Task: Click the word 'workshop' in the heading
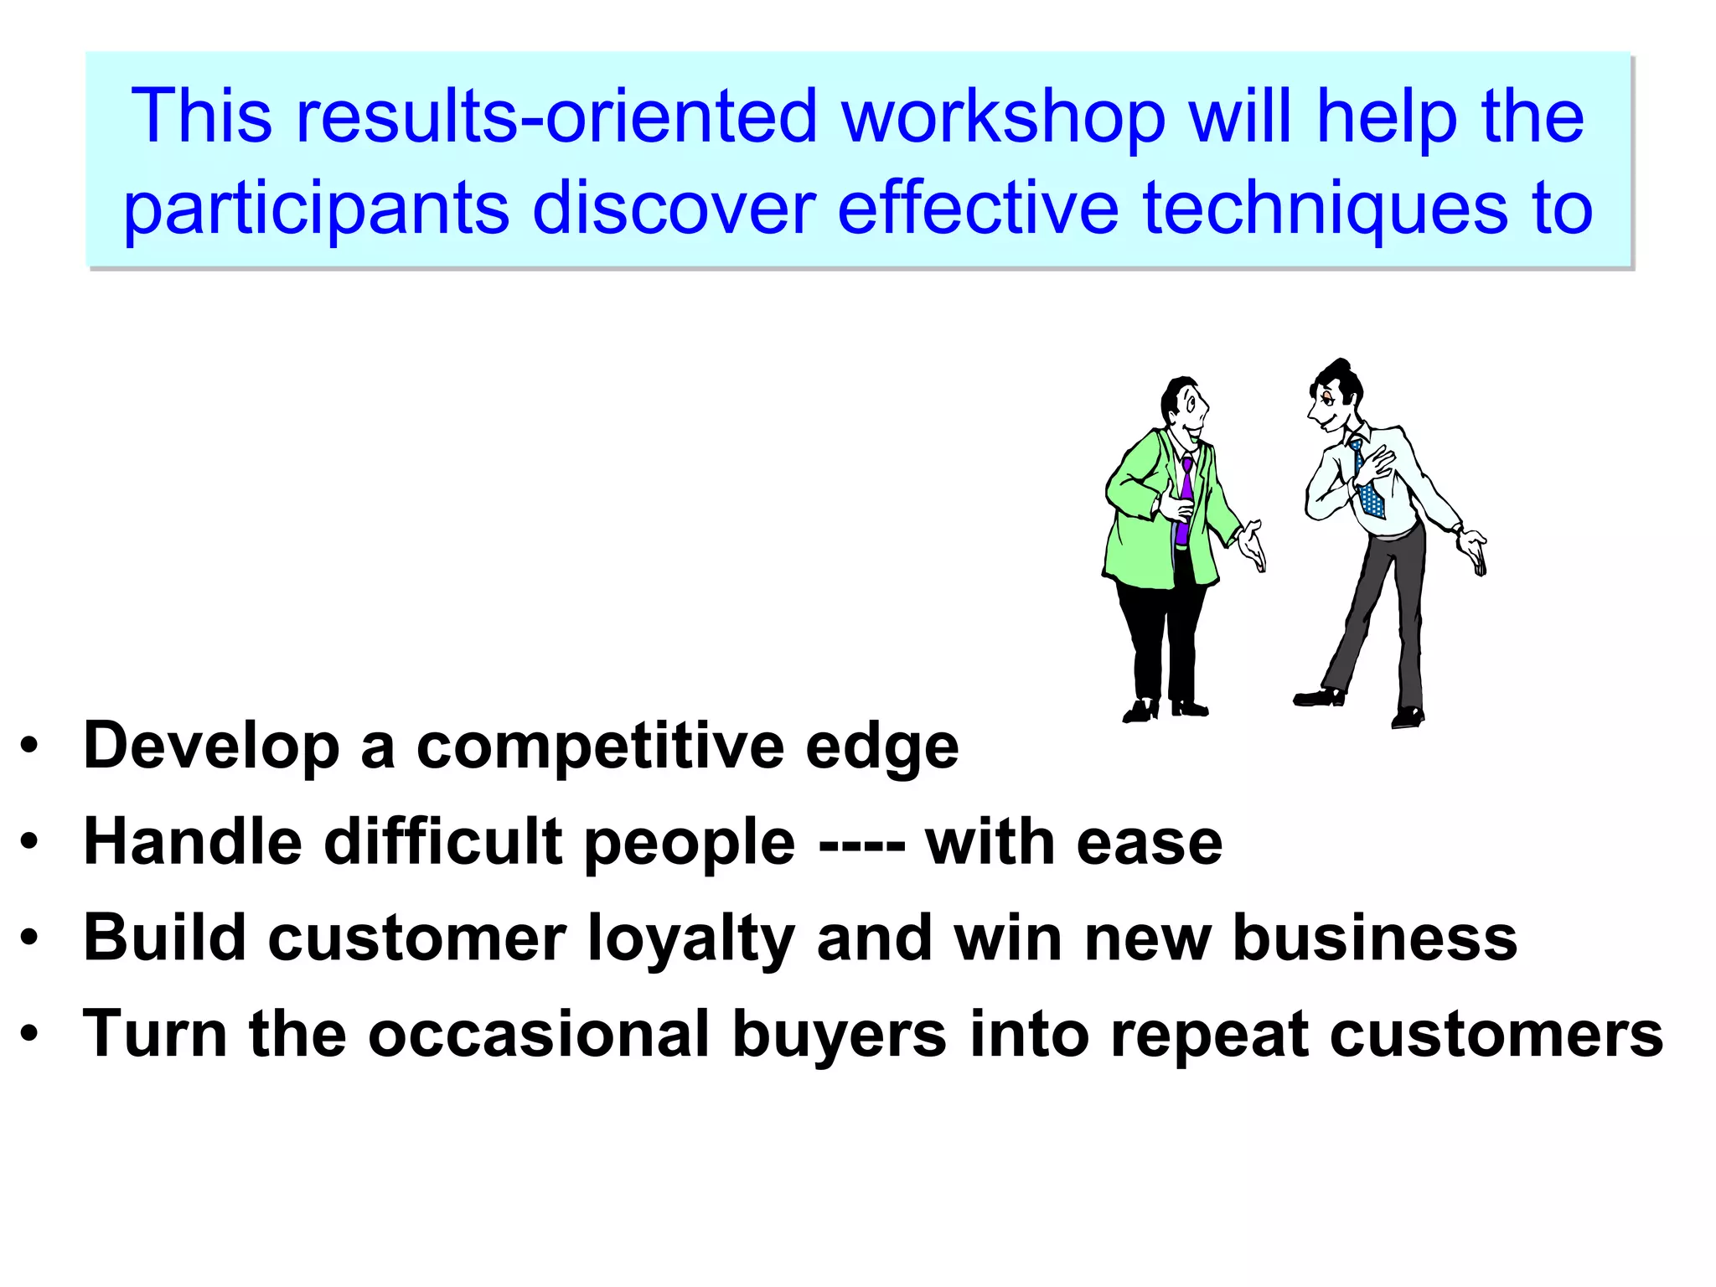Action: [1003, 116]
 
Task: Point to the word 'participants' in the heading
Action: [316, 209]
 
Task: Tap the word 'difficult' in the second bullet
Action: [443, 841]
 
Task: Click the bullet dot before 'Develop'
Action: [30, 745]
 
